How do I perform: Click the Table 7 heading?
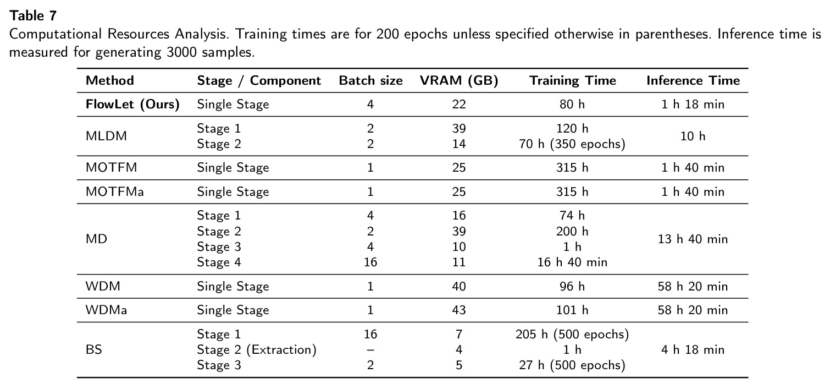tap(33, 15)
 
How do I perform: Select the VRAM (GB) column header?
tap(459, 80)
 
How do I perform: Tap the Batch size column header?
tap(370, 80)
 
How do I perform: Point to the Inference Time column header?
tap(693, 80)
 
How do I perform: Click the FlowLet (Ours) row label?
tap(132, 104)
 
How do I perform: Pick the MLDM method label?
tap(106, 136)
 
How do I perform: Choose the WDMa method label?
tap(106, 310)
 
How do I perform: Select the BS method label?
tap(94, 349)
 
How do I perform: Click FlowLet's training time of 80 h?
tap(572, 104)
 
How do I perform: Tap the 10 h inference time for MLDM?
tap(693, 136)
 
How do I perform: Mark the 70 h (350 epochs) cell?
tap(572, 144)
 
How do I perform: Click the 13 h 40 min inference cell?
tap(693, 239)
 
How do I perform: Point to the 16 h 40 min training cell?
tap(572, 262)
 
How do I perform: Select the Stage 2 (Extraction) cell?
tap(257, 349)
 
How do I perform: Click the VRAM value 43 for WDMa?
tap(459, 310)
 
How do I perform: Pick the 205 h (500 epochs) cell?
tap(572, 334)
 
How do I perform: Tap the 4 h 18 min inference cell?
tap(693, 349)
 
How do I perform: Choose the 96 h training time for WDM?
tap(572, 286)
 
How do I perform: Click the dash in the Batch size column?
tap(370, 350)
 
